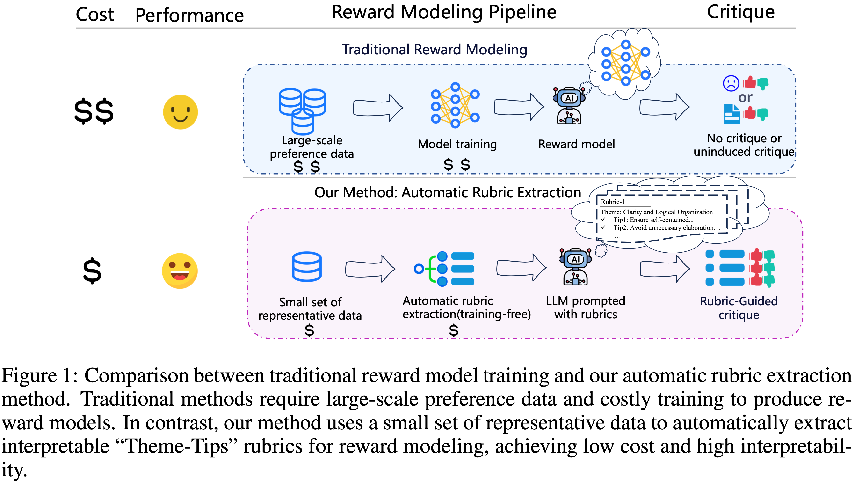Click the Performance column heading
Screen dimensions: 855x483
coord(189,15)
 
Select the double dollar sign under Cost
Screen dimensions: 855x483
coord(94,111)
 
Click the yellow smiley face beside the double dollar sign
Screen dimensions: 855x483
coord(180,112)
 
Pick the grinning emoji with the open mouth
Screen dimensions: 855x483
coord(180,271)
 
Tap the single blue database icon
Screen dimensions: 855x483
coord(307,267)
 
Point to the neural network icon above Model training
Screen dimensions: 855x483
coord(455,105)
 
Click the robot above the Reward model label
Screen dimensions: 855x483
coord(569,105)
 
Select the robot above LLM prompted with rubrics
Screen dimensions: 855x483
coord(576,267)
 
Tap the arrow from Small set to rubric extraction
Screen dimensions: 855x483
coord(370,269)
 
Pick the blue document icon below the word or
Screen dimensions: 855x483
coord(732,114)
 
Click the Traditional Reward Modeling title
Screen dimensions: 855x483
coord(435,50)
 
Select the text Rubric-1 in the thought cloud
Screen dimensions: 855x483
coord(612,202)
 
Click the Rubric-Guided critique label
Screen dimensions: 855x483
coord(739,308)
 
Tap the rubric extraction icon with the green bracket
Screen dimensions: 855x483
coord(444,269)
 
